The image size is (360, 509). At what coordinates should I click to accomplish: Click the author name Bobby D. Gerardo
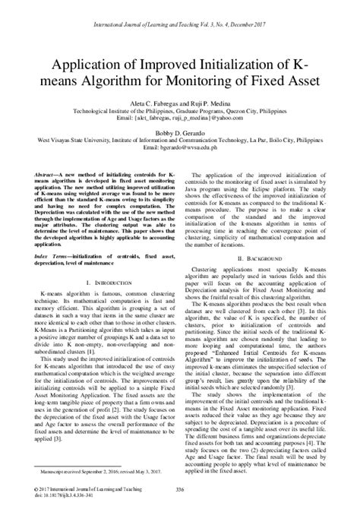point(180,131)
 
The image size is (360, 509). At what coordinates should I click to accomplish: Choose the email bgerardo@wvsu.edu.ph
point(180,149)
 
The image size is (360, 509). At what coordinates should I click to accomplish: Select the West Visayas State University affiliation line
point(180,140)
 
